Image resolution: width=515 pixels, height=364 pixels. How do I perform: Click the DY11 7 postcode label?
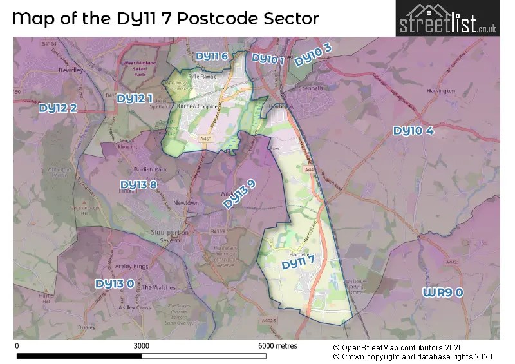(299, 263)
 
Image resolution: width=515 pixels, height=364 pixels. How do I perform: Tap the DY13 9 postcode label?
(239, 194)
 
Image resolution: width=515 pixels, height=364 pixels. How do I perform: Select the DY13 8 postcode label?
(138, 186)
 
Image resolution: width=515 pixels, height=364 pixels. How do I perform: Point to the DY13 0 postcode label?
(115, 283)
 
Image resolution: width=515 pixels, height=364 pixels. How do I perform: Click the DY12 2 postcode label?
(58, 108)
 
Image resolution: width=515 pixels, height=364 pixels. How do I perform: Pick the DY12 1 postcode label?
(135, 99)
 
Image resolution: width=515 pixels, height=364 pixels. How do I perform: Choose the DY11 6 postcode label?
(212, 56)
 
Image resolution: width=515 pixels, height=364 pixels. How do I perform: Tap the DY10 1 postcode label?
(268, 59)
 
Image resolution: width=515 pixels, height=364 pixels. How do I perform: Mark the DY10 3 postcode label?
(313, 55)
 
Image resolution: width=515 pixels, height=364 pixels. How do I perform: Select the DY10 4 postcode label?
(413, 131)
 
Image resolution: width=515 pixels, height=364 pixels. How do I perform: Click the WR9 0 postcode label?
(443, 292)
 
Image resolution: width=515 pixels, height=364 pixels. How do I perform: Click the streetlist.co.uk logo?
(447, 19)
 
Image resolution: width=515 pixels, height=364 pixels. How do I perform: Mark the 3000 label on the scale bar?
(141, 346)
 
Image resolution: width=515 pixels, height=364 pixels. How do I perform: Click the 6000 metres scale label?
(277, 346)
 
